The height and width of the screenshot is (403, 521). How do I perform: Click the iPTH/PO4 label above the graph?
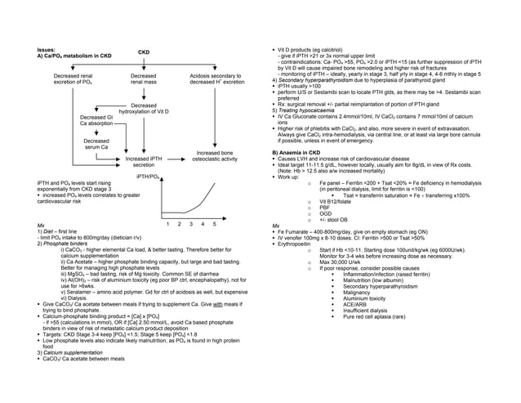147,176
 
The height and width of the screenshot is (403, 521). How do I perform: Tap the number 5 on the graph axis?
213,222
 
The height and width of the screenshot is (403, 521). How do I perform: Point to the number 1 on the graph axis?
166,222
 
